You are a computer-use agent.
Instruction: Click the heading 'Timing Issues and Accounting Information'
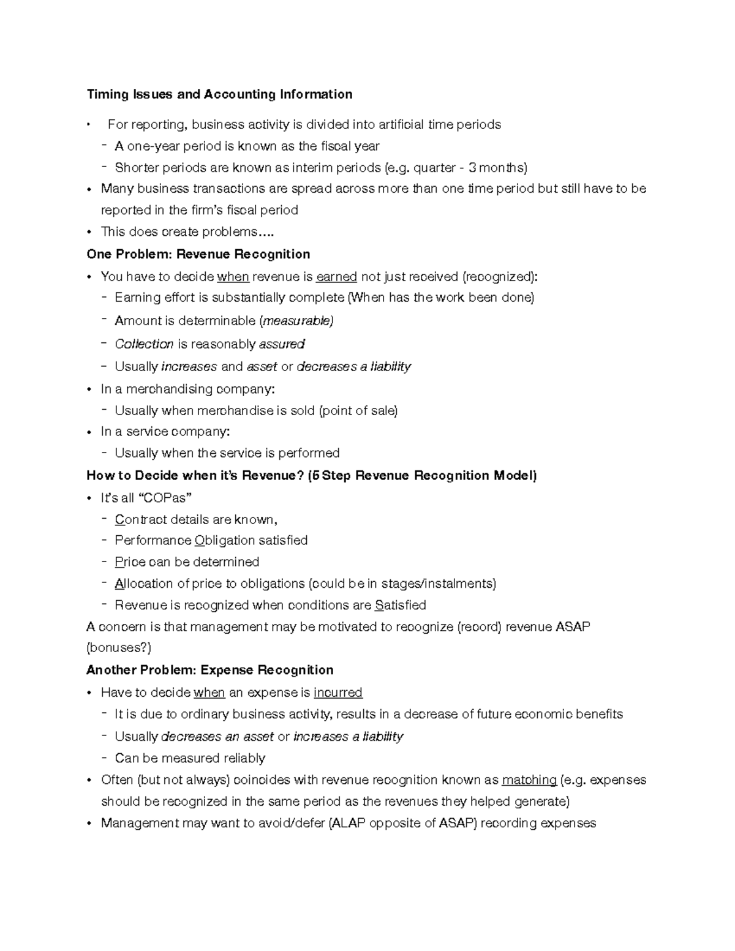pos(219,94)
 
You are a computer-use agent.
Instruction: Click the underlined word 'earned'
pos(336,277)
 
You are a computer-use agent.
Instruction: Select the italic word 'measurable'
pos(297,321)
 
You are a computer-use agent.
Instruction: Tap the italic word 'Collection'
pos(144,344)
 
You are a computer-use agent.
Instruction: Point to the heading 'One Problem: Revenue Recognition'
pos(198,254)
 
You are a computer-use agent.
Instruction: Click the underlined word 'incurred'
pos(337,693)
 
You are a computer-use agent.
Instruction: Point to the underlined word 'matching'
pos(529,780)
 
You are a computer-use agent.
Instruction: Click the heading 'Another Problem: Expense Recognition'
pos(209,670)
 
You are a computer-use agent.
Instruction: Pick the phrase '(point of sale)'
pos(358,411)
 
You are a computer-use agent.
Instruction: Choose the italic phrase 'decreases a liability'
pos(353,367)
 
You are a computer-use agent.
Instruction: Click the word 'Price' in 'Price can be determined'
pos(130,562)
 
